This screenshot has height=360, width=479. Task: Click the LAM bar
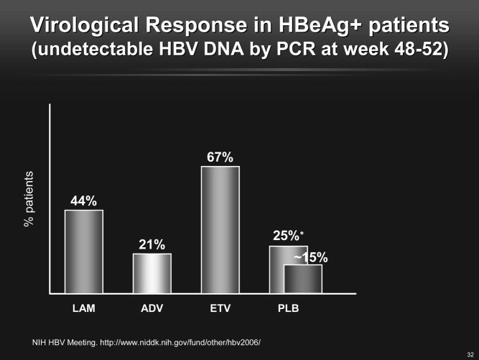84,251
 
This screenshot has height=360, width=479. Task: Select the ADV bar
152,274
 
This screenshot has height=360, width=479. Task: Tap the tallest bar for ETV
220,230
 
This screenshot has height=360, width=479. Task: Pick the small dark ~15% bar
303,279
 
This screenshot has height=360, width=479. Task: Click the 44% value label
83,201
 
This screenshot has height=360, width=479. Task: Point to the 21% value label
152,245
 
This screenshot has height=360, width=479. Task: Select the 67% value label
220,157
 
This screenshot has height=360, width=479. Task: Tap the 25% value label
286,236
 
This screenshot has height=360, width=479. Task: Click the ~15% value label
311,258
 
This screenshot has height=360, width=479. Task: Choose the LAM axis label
84,308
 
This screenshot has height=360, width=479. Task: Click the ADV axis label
152,308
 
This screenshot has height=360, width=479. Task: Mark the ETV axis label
220,308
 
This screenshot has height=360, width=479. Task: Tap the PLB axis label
289,308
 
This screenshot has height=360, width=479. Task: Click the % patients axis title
29,199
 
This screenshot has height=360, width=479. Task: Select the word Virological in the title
85,24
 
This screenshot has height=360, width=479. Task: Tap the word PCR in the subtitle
296,49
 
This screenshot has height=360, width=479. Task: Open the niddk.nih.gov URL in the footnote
180,343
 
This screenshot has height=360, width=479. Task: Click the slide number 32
470,355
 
